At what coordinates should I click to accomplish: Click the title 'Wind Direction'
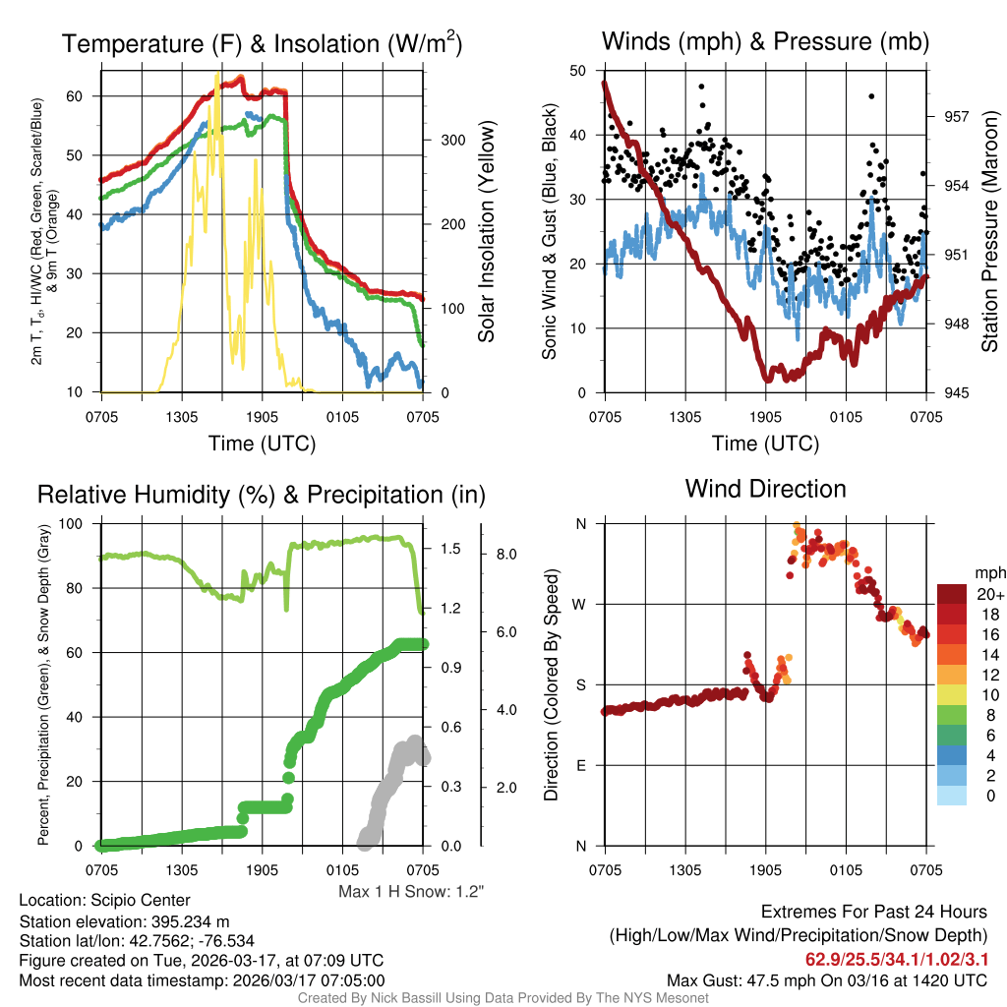click(x=765, y=489)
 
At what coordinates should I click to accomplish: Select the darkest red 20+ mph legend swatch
click(x=953, y=595)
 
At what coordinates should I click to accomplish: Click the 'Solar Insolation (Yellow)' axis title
click(x=486, y=232)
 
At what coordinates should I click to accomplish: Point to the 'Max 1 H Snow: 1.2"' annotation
click(x=411, y=892)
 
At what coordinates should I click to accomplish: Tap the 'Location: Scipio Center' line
click(x=104, y=901)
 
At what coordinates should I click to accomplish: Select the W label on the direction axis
click(x=581, y=604)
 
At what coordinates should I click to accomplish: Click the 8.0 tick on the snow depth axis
click(x=506, y=555)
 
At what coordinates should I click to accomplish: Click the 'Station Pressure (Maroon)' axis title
click(x=990, y=232)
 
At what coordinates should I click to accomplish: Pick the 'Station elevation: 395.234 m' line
click(x=124, y=921)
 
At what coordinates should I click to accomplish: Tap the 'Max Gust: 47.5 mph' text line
click(x=827, y=980)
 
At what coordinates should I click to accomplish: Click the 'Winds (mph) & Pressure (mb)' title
click(x=765, y=41)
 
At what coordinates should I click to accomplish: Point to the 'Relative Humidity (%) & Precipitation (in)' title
click(x=261, y=495)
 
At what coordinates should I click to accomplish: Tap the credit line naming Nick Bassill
click(x=503, y=998)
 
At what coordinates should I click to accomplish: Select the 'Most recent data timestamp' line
click(x=202, y=980)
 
